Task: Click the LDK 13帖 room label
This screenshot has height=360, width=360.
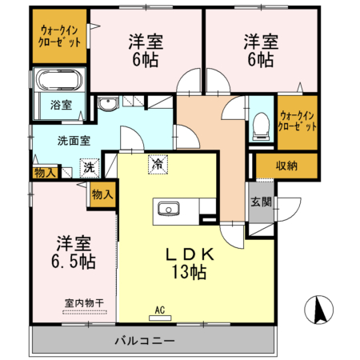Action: point(190,263)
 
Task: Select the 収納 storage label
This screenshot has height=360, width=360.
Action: point(286,166)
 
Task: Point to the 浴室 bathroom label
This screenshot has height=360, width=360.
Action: point(61,105)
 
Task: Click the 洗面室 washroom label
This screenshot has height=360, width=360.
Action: point(73,140)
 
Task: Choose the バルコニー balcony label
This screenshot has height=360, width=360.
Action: point(144,342)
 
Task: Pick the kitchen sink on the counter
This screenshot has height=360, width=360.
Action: point(169,210)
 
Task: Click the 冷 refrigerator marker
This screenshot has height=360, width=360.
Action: point(157,163)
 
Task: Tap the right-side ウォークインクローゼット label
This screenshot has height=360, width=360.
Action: point(297,121)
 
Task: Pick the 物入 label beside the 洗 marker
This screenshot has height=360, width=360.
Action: point(45,172)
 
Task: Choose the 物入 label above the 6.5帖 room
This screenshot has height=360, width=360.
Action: point(102,194)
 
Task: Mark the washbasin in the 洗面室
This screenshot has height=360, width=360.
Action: point(107,103)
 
